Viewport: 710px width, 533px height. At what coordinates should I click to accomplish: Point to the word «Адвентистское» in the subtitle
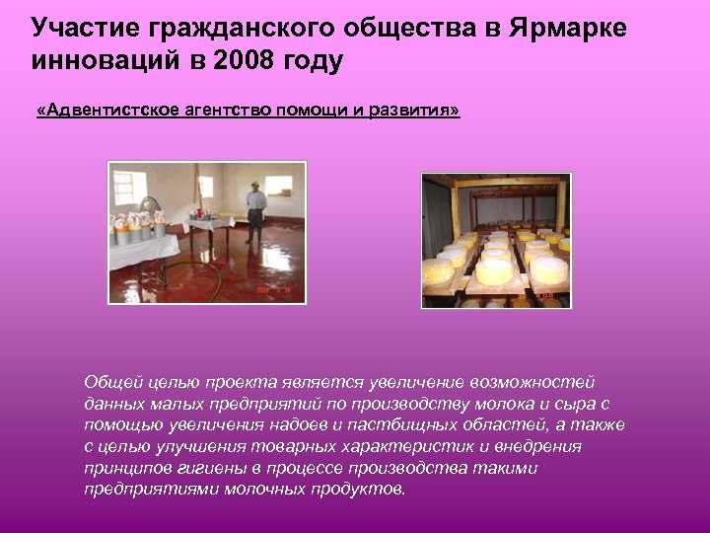[109, 112]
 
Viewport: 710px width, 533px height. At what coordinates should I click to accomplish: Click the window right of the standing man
[280, 186]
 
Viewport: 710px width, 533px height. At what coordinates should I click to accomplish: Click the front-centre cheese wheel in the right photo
[494, 269]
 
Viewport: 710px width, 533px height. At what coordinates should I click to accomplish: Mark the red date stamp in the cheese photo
[545, 294]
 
